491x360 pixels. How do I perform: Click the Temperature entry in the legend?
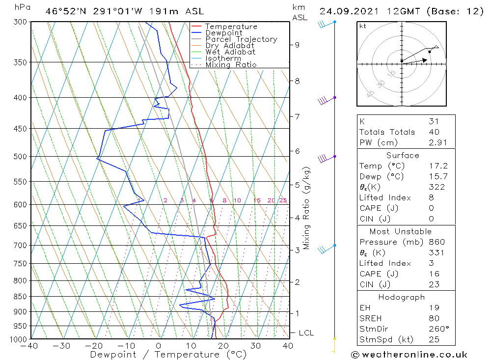231,27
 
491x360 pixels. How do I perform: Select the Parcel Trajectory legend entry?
241,39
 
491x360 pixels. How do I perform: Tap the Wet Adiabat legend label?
230,52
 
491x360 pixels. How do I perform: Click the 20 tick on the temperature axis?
223,346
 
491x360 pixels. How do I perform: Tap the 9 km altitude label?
297,45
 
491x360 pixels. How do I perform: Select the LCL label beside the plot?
306,333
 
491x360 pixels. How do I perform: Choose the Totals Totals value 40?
434,132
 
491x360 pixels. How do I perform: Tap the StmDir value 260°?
436,329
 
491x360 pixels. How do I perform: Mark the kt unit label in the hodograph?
363,26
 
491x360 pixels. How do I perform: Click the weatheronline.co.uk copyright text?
409,355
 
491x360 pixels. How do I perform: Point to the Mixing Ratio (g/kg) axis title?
307,208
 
